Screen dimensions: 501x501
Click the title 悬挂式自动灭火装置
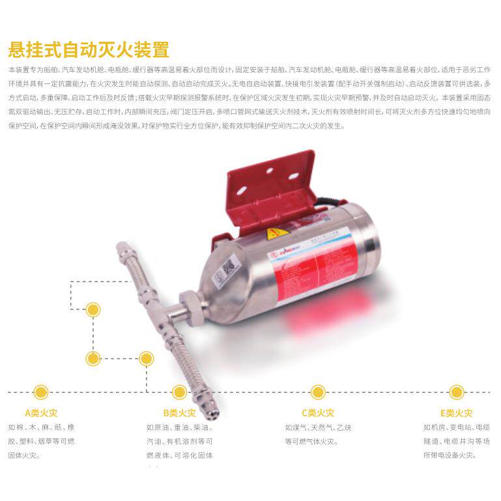[x=88, y=50]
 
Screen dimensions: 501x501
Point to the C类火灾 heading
[x=318, y=412]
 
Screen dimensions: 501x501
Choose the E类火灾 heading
[x=456, y=412]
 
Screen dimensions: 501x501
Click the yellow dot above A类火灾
[x=42, y=392]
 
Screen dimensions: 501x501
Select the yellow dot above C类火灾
[x=318, y=392]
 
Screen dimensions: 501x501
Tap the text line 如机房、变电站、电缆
[x=456, y=428]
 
